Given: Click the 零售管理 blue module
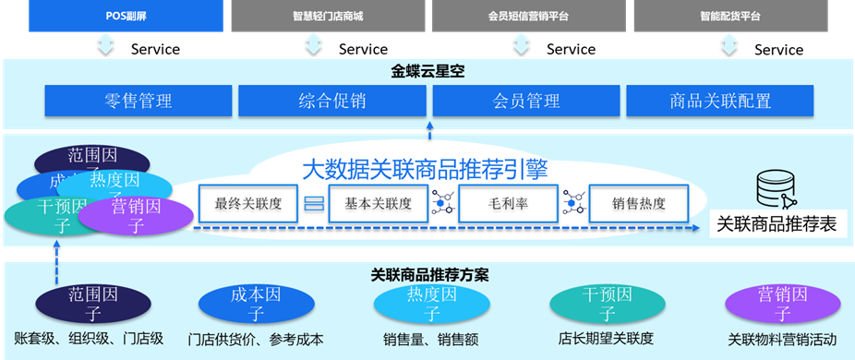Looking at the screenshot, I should [x=138, y=101].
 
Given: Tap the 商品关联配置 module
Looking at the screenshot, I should [x=721, y=101].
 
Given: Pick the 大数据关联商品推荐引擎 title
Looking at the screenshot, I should [x=426, y=170].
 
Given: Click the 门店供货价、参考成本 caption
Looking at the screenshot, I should [x=256, y=340].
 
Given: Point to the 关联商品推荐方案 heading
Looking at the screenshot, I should [x=429, y=274].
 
